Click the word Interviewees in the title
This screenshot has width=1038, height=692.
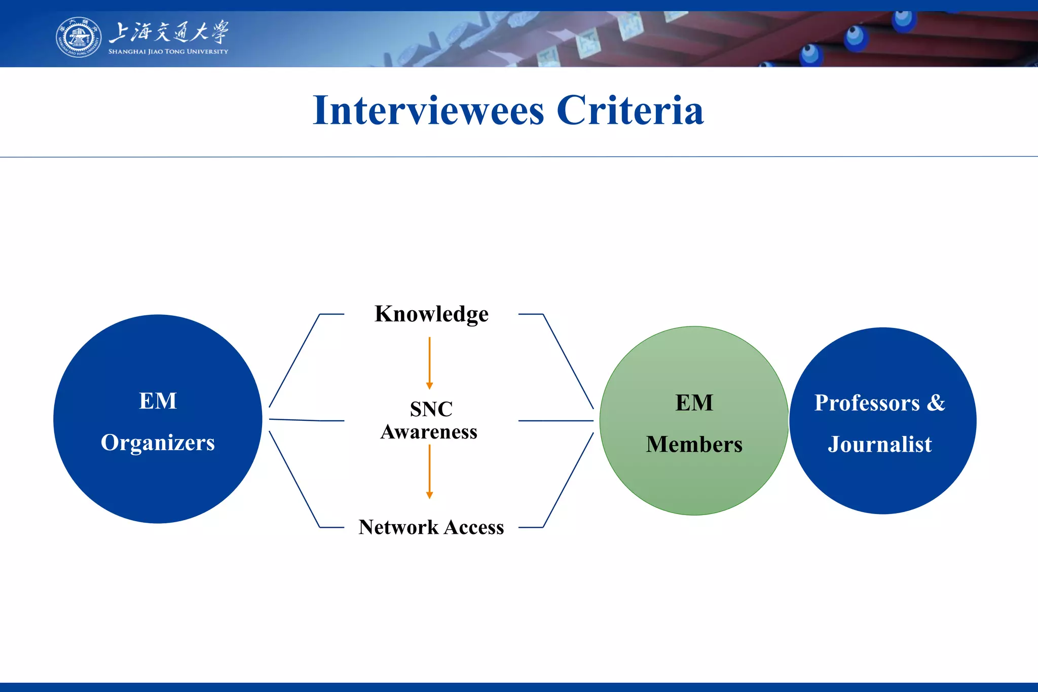pyautogui.click(x=428, y=111)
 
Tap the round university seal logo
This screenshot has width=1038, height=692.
pyautogui.click(x=78, y=37)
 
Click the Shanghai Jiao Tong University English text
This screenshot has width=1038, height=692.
pyautogui.click(x=168, y=52)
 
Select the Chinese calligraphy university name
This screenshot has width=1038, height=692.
pyautogui.click(x=169, y=32)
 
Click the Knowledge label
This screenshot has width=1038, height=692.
pyautogui.click(x=431, y=314)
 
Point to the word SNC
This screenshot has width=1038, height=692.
pyautogui.click(x=431, y=409)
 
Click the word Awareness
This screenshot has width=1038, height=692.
pyautogui.click(x=429, y=432)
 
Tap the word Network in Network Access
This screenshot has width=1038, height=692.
pyautogui.click(x=398, y=527)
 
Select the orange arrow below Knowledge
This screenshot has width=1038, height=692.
pyautogui.click(x=429, y=363)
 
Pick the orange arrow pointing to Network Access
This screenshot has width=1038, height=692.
pyautogui.click(x=429, y=471)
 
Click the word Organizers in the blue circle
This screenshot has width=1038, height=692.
pyautogui.click(x=158, y=443)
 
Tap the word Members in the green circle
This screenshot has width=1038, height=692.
pyautogui.click(x=694, y=445)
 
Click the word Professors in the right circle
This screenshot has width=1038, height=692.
pyautogui.click(x=867, y=403)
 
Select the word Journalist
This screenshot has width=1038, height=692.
pyautogui.click(x=880, y=445)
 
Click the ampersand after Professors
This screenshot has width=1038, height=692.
pyautogui.click(x=936, y=403)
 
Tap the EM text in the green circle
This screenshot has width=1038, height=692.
pyautogui.click(x=694, y=403)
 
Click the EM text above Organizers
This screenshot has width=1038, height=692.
pyautogui.click(x=158, y=401)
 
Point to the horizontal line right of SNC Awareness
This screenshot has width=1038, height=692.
pyautogui.click(x=555, y=421)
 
